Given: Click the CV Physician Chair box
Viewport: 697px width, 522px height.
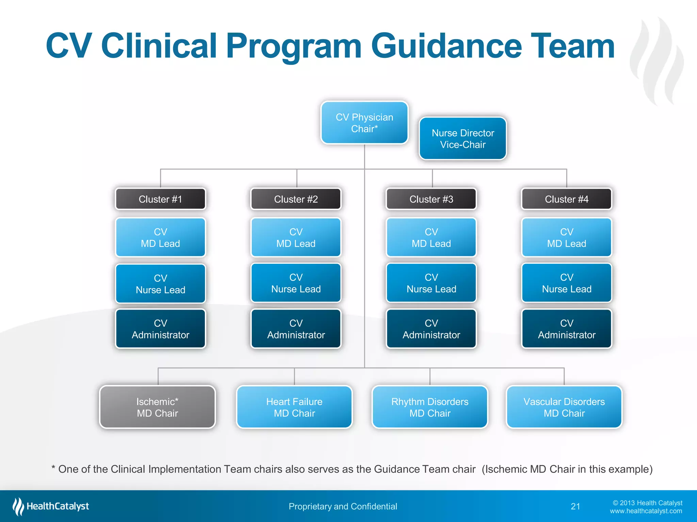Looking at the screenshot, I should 364,123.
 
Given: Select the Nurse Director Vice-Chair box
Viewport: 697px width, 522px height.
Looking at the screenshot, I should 463,139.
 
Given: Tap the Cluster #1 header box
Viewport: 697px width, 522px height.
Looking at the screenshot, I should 160,199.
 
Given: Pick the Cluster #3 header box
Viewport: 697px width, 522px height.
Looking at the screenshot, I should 431,199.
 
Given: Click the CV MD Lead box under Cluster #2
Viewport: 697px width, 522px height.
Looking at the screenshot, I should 296,238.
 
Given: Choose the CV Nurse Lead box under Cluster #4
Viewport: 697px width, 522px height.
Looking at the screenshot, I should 567,283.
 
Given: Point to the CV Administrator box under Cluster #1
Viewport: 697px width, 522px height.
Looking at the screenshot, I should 160,329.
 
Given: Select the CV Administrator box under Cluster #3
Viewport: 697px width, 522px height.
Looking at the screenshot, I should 431,329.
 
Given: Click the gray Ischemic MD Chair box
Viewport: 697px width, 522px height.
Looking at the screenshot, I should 157,407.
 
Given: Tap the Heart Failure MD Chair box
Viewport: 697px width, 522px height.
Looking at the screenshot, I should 294,407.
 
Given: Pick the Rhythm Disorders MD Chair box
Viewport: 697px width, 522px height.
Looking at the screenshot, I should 430,407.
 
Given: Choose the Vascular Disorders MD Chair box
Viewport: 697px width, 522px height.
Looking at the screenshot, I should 564,407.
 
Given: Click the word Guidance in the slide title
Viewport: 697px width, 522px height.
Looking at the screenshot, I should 446,46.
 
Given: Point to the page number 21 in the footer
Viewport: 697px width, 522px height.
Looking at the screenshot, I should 575,506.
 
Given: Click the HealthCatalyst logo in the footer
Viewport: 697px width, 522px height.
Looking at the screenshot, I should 51,506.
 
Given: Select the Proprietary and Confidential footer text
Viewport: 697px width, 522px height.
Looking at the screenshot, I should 343,506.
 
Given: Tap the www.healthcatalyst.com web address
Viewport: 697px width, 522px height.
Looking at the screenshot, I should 646,511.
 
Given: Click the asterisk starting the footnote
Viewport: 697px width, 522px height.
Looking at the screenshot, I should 53,468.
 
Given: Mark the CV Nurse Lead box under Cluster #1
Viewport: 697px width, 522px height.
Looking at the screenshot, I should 160,284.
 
